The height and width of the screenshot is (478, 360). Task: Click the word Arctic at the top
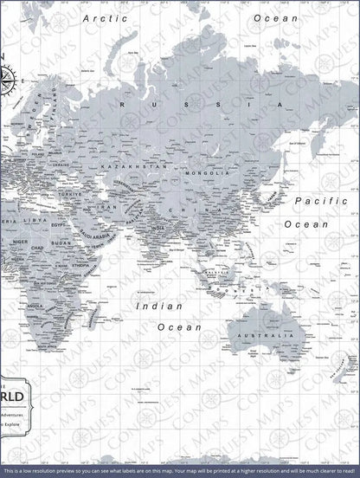point(101,16)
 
